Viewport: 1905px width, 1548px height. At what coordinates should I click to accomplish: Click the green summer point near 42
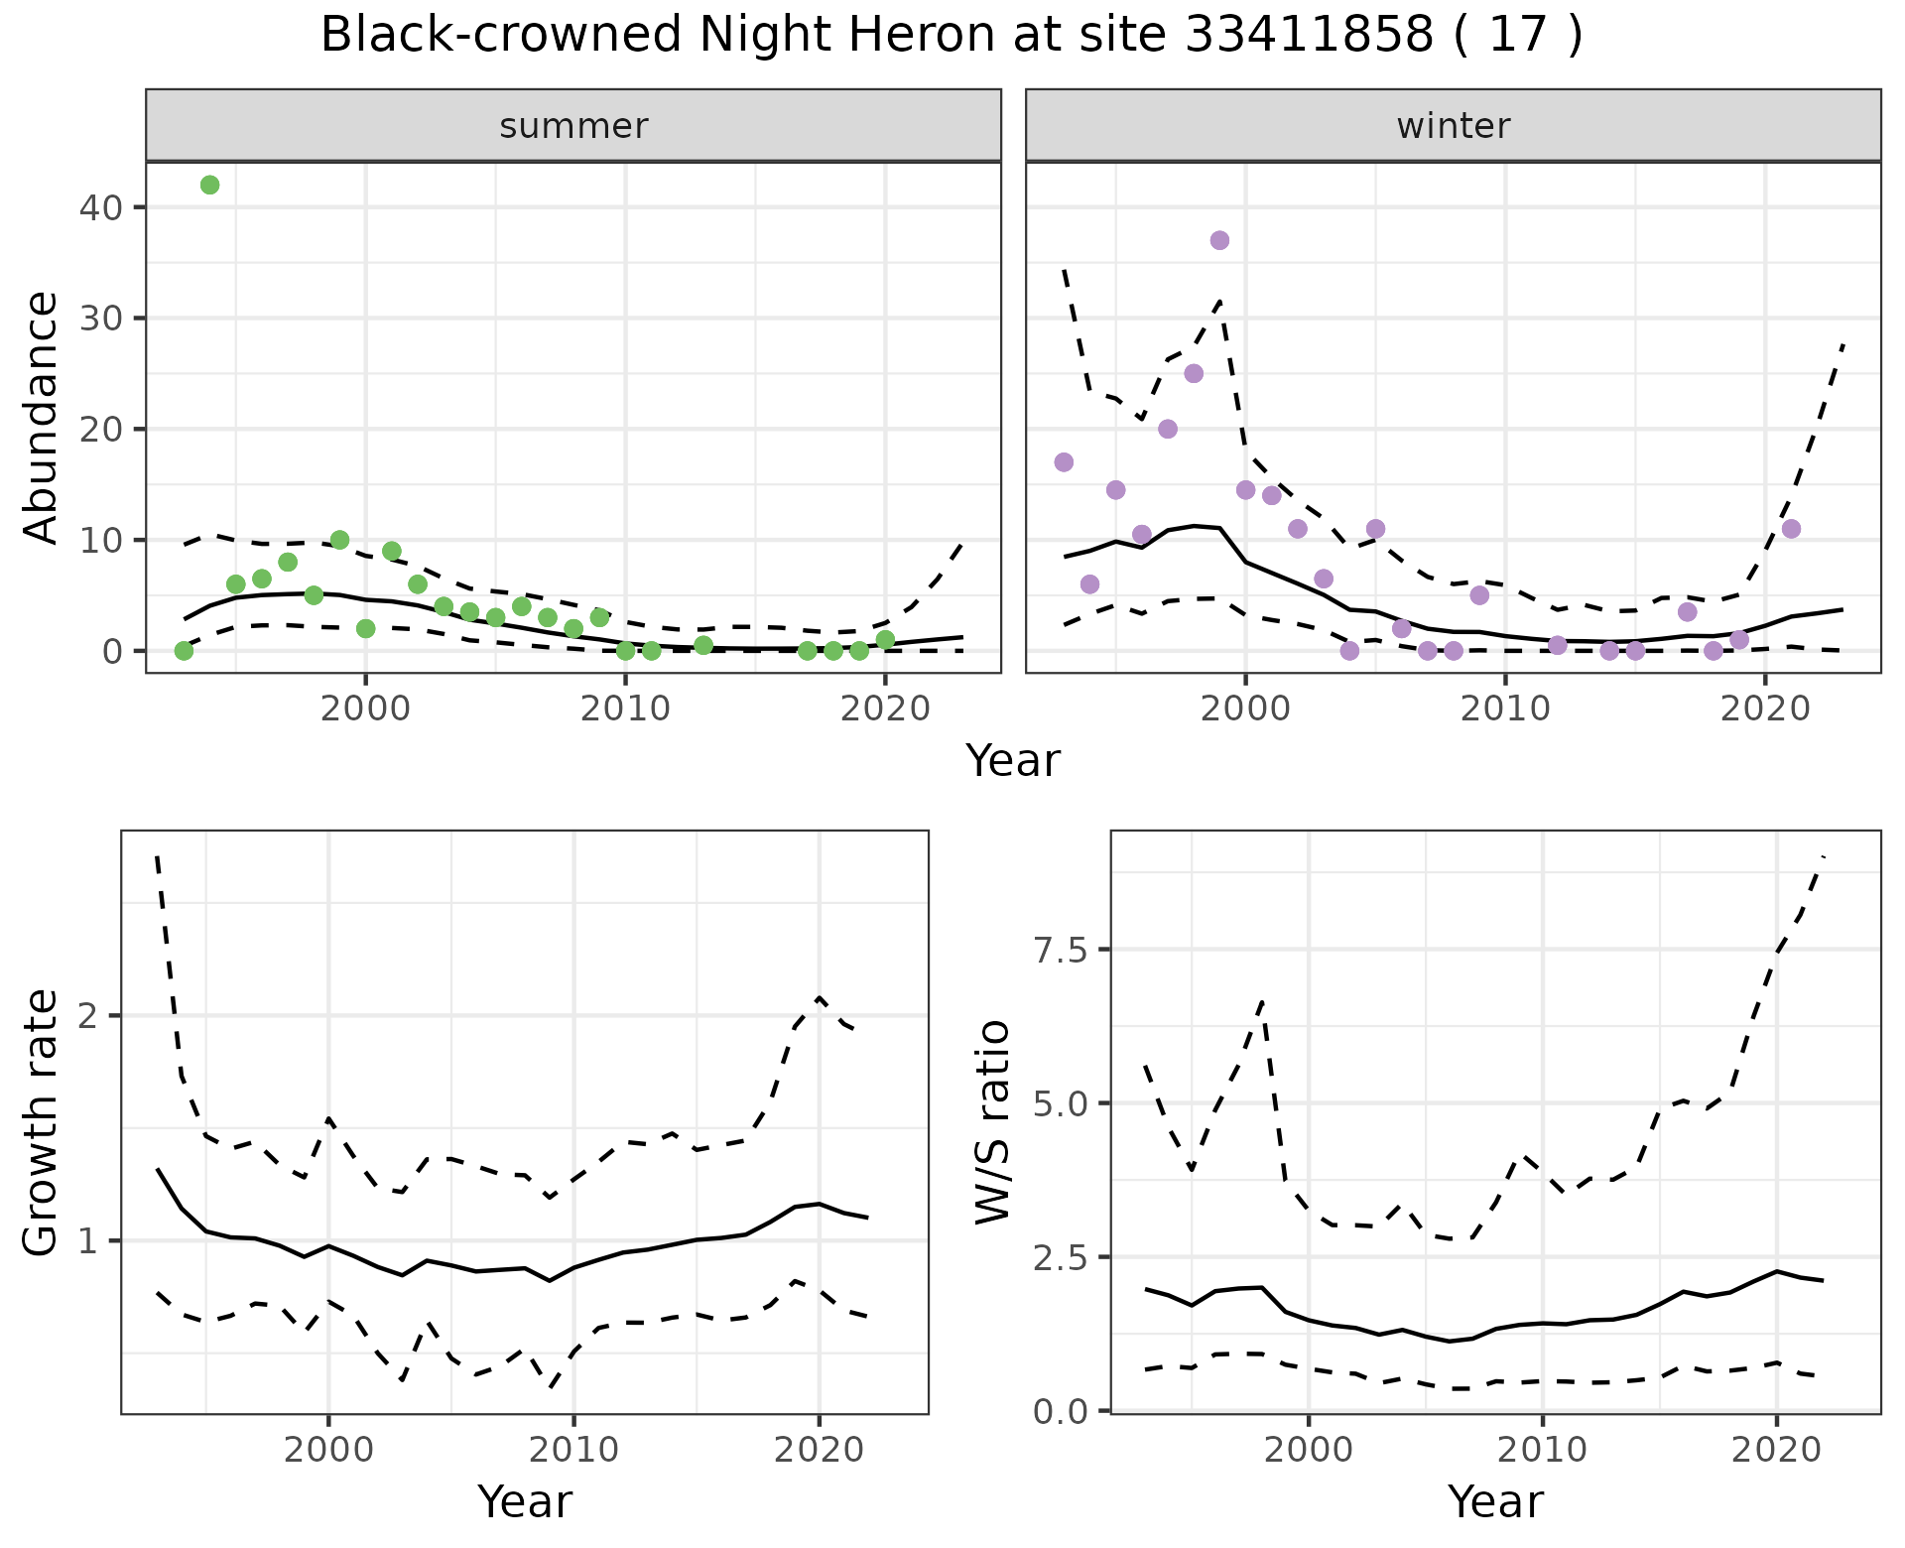click(x=209, y=186)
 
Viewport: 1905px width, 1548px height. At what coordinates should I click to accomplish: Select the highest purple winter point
click(x=1219, y=240)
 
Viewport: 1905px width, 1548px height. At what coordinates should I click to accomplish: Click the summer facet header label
click(x=573, y=126)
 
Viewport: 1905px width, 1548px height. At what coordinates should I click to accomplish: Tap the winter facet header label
click(x=1453, y=126)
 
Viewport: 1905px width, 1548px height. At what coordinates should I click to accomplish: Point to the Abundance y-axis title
click(x=42, y=417)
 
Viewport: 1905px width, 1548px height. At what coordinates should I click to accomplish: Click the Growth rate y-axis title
click(x=42, y=1122)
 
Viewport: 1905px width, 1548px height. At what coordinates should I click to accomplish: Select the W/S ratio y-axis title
click(x=992, y=1122)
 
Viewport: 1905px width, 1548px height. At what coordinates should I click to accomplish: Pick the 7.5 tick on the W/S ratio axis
click(x=1060, y=951)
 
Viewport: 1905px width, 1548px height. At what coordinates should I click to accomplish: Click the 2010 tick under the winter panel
click(x=1505, y=709)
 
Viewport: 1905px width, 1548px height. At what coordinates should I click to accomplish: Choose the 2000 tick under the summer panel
click(x=365, y=709)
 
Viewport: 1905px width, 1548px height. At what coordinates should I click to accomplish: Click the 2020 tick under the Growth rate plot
click(x=819, y=1450)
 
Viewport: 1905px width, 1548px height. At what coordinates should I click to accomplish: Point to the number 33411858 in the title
click(x=1310, y=36)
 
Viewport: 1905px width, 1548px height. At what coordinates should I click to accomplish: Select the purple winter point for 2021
click(x=1791, y=529)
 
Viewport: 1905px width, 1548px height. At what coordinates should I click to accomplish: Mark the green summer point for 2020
click(x=885, y=640)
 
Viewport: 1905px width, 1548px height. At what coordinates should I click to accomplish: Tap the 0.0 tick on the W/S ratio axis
click(x=1060, y=1411)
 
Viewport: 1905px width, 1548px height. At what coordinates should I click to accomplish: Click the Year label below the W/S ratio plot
click(x=1495, y=1501)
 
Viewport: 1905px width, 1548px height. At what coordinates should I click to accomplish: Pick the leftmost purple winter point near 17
click(x=1064, y=462)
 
